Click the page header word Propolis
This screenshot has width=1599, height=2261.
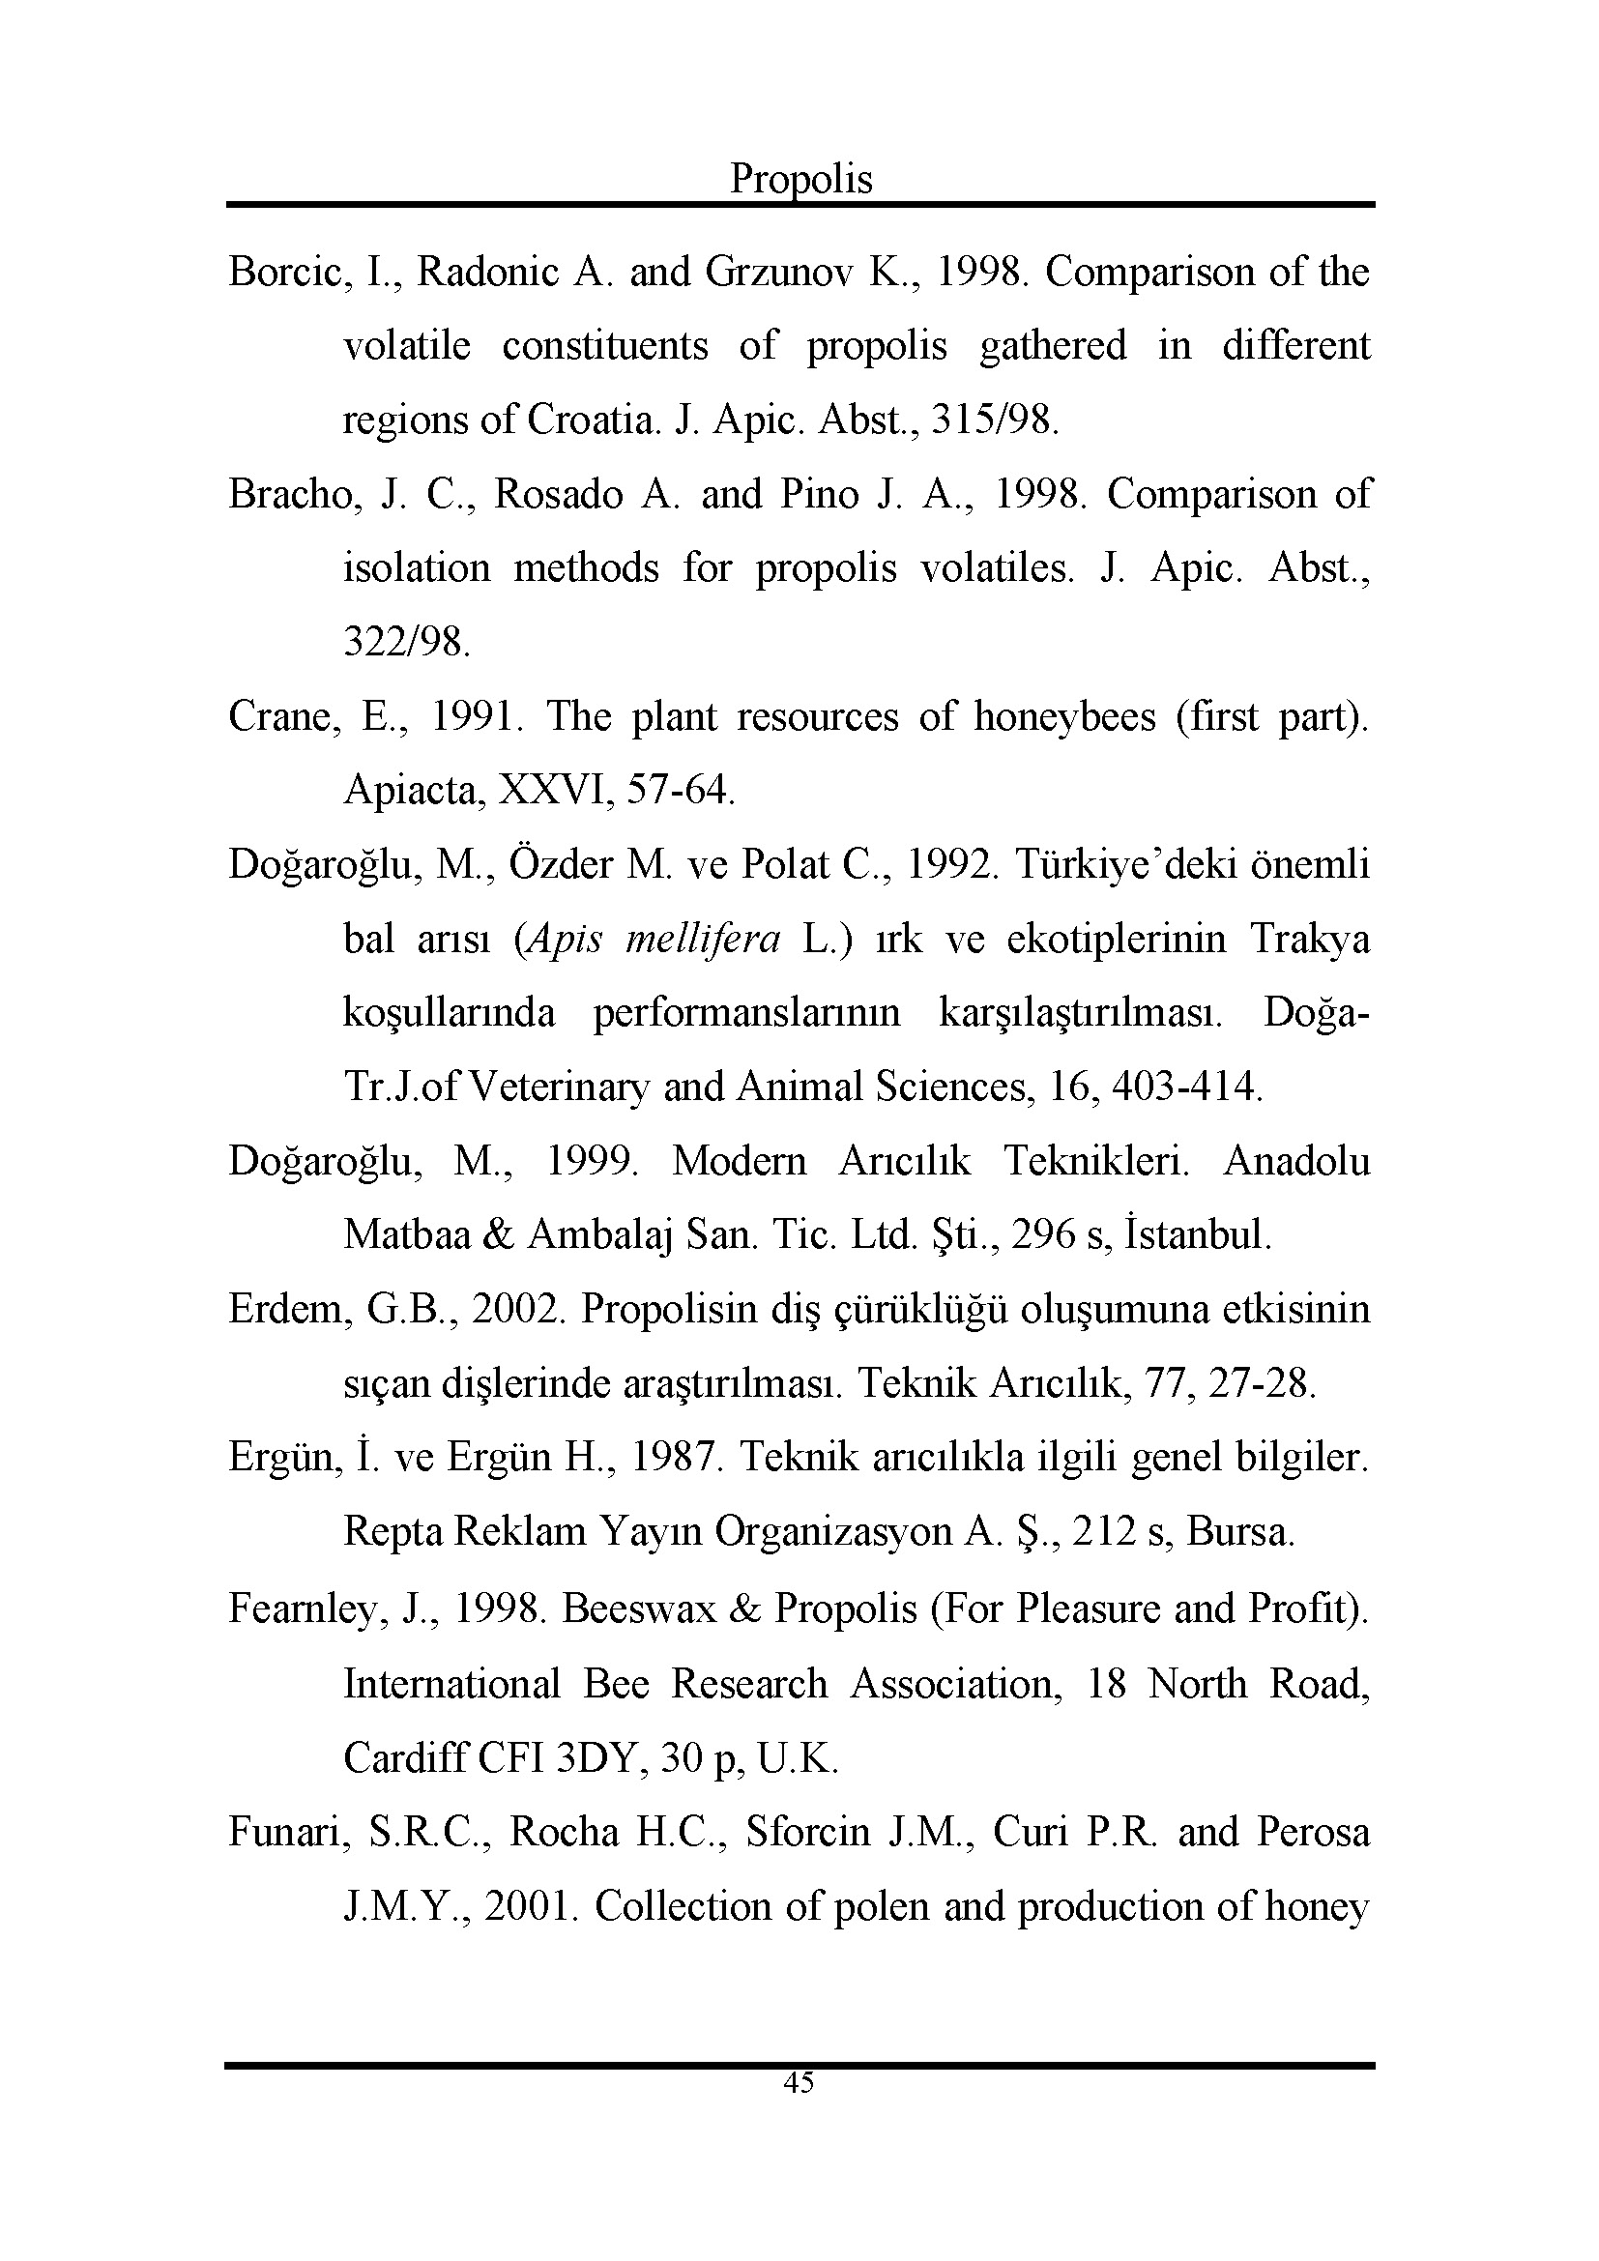tap(800, 179)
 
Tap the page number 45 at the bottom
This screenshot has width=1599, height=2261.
tap(799, 2083)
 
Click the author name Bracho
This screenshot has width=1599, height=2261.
tap(290, 494)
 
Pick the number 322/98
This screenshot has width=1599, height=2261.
tap(407, 642)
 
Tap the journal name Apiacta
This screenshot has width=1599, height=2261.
tap(414, 791)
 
